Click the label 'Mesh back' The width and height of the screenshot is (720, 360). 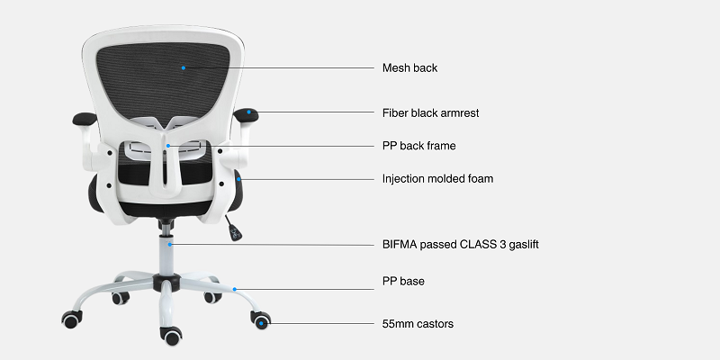pos(409,67)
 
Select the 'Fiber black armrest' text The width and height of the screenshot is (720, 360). pos(430,113)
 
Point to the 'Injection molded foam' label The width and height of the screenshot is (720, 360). pos(437,178)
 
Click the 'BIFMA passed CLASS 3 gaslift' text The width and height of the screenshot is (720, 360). pos(461,244)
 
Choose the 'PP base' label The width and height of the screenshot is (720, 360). pos(403,282)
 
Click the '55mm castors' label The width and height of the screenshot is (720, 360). pos(418,322)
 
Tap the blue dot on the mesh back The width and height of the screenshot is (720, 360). pos(183,67)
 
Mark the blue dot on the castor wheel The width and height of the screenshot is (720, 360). pos(262,321)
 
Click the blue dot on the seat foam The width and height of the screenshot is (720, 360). pos(240,179)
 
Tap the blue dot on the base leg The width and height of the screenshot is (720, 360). pos(235,289)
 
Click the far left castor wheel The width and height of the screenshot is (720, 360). pos(69,319)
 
